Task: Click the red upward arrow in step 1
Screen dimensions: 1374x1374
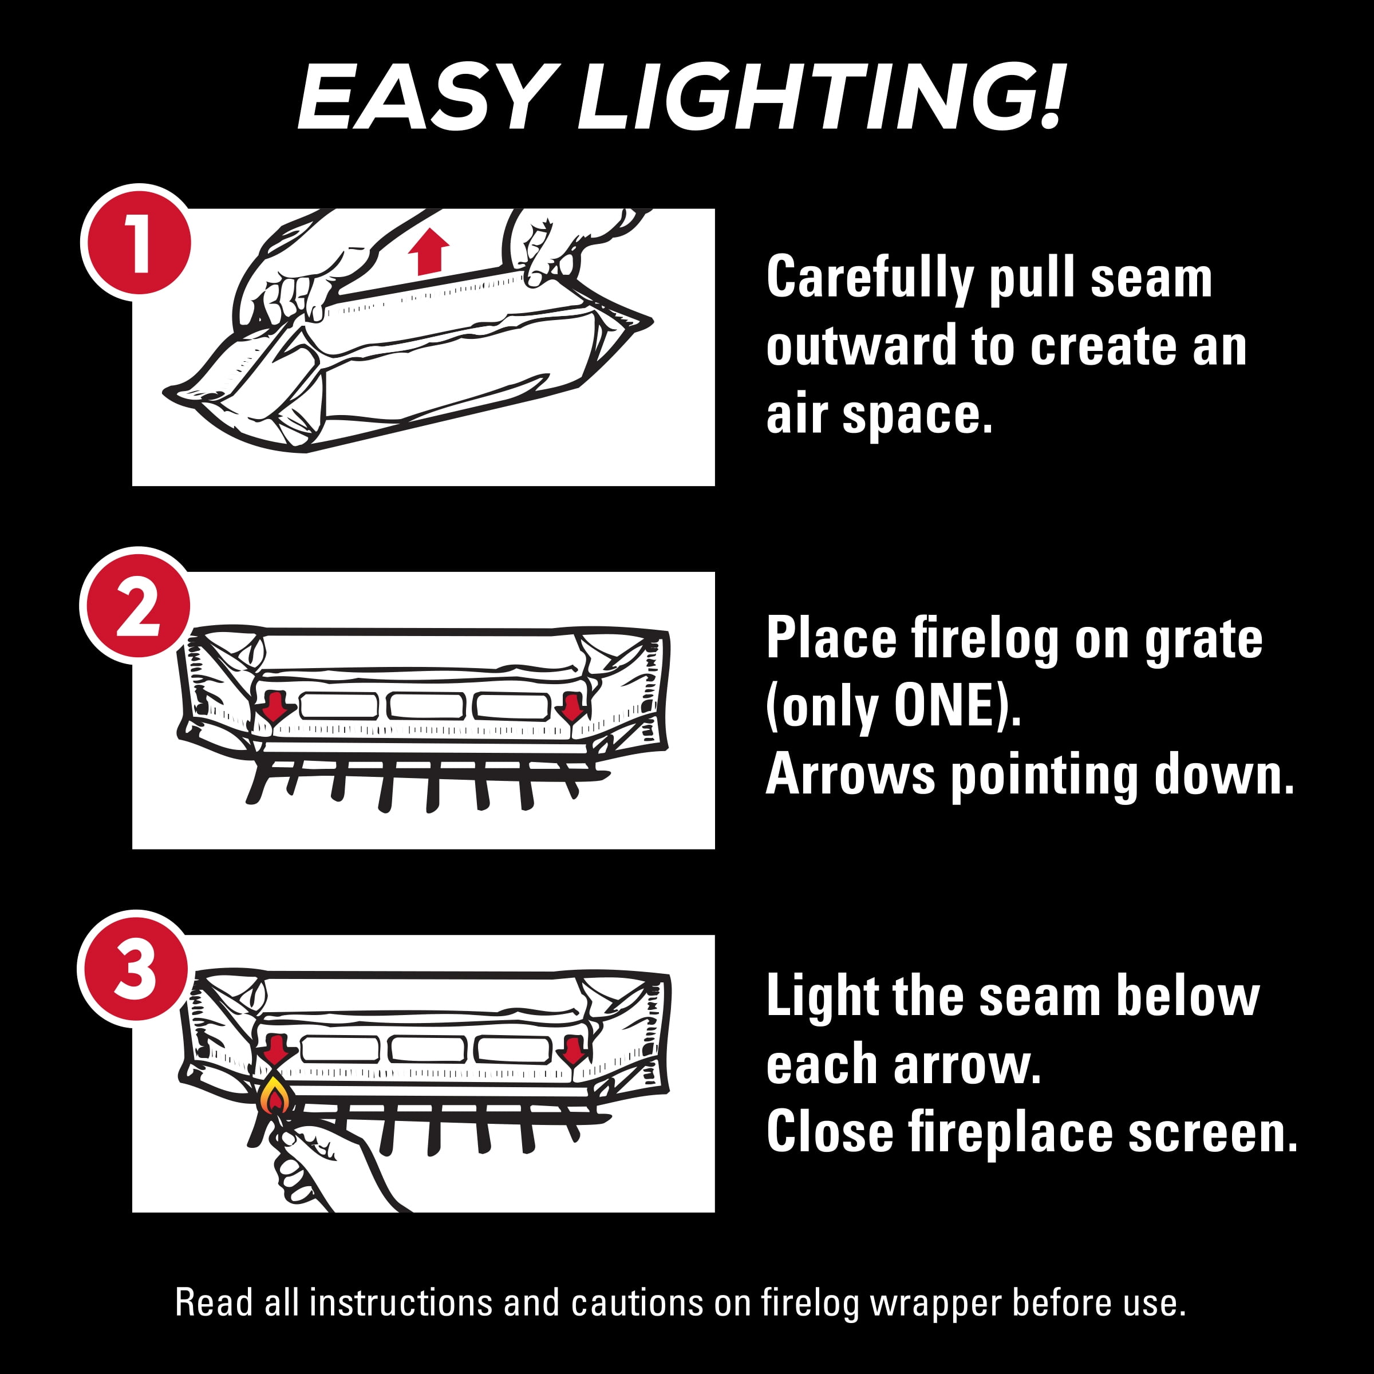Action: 429,251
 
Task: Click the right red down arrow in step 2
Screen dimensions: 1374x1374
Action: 572,706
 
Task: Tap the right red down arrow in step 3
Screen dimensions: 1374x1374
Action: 572,1050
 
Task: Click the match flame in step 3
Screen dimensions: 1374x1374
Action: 275,1096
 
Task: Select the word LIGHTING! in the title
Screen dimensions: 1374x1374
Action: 822,97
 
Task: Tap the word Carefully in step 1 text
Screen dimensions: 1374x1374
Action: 869,279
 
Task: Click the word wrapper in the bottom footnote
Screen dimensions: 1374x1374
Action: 936,1304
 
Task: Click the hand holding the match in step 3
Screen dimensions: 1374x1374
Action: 334,1166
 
